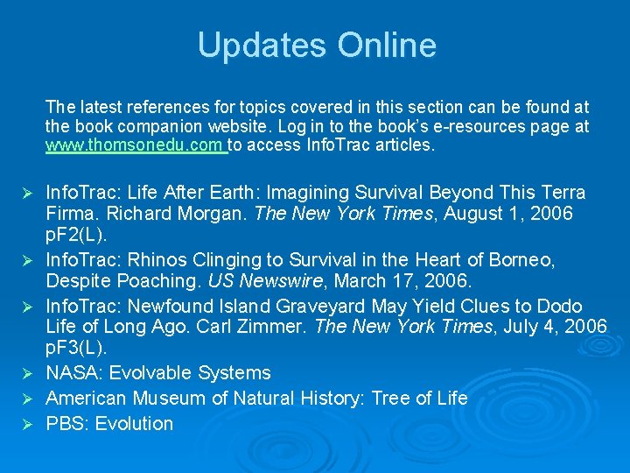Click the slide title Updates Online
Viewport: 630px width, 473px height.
[x=316, y=46]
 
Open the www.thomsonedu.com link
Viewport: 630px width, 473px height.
[x=136, y=145]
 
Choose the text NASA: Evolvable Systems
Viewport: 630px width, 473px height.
[x=157, y=373]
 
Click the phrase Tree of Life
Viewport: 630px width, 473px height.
[x=419, y=399]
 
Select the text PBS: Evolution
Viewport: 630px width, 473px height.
[x=109, y=424]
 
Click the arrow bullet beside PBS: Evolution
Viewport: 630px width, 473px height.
[x=26, y=425]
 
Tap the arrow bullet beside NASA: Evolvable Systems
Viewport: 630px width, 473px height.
[x=26, y=374]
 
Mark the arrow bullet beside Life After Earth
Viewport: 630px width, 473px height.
[x=26, y=193]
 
